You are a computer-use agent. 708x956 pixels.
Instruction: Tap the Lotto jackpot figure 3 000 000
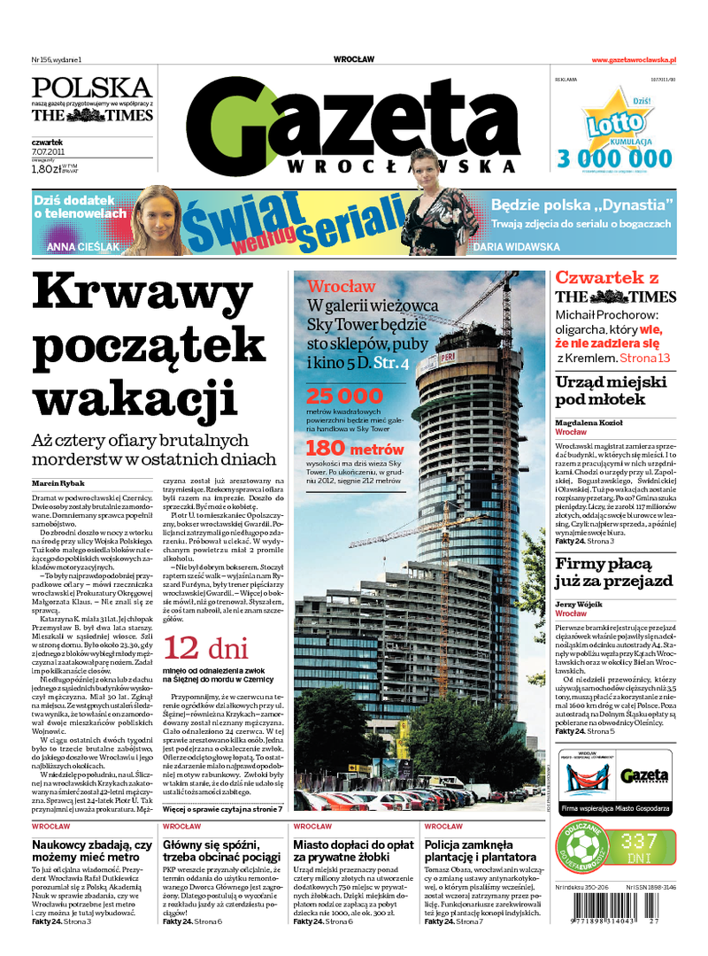[x=614, y=158]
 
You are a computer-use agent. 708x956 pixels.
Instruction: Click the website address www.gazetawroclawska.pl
[x=634, y=59]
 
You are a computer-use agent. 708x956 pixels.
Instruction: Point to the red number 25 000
[x=345, y=396]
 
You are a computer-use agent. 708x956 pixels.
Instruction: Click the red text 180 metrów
[x=354, y=448]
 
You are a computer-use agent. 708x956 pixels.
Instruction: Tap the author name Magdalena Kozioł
[x=589, y=423]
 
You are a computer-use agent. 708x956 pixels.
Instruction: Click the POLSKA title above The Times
[x=92, y=88]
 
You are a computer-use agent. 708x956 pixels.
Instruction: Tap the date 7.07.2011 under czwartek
[x=48, y=151]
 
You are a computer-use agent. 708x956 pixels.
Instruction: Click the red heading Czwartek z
[x=606, y=278]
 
